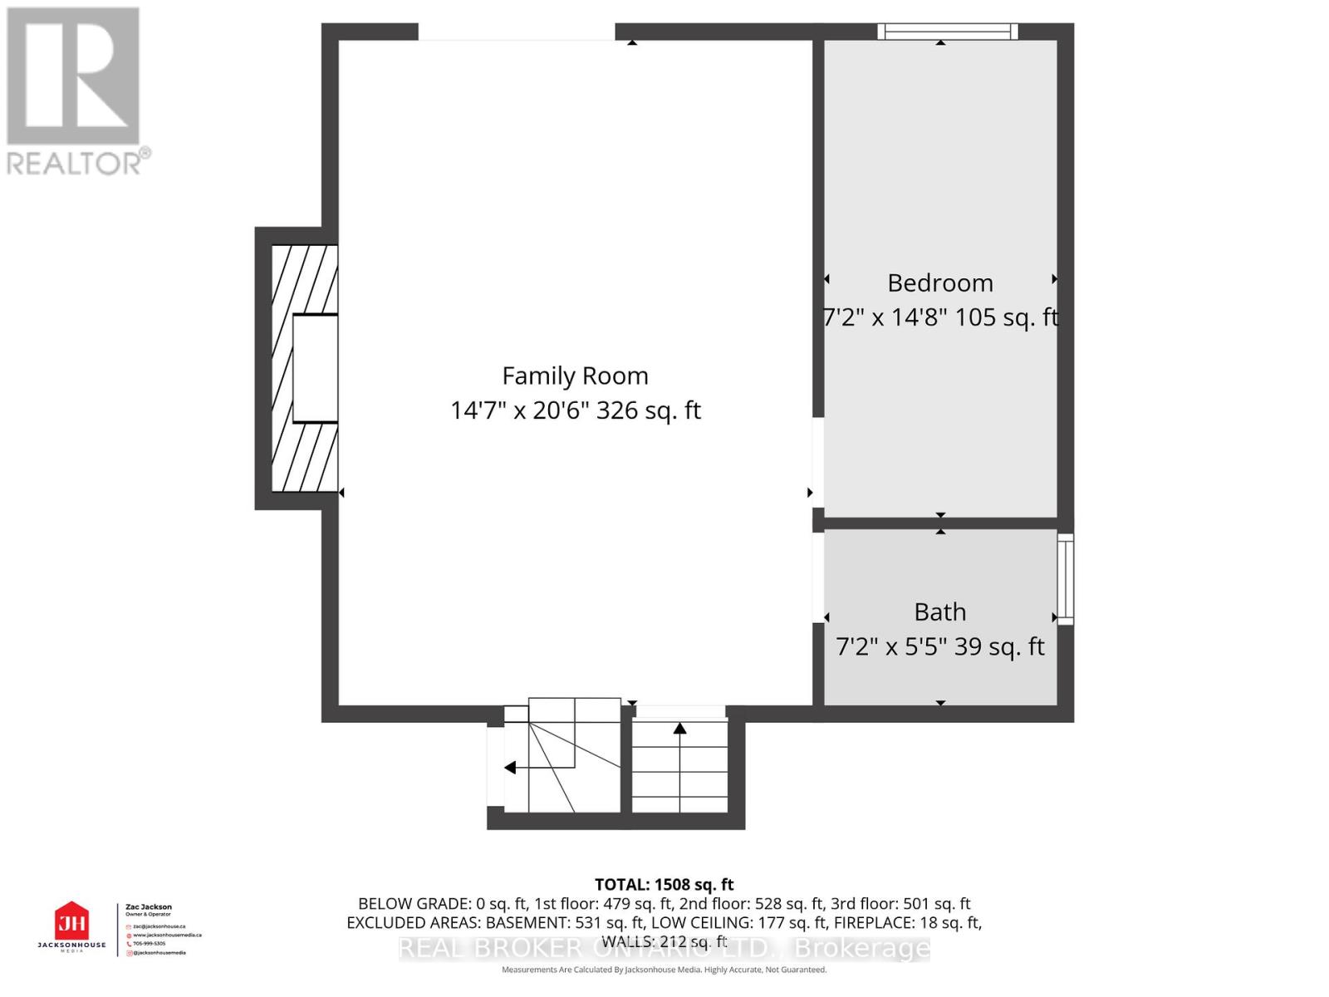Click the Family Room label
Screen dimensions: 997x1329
tap(575, 376)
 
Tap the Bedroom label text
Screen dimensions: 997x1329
tap(939, 283)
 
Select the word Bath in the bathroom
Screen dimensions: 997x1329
tap(939, 612)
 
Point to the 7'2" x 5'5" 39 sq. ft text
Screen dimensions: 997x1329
tap(939, 646)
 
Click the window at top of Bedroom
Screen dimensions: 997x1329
tap(948, 32)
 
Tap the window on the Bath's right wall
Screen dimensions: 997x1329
tap(1065, 578)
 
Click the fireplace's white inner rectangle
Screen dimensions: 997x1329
tap(316, 368)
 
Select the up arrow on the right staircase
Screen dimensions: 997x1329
tap(679, 729)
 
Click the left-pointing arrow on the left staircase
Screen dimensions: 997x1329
tap(510, 768)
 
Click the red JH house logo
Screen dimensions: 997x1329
tap(71, 921)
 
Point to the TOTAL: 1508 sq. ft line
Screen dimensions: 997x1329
tap(664, 885)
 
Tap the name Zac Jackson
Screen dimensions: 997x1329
tap(149, 907)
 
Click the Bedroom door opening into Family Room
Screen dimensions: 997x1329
tap(817, 462)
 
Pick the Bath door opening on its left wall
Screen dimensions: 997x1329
tap(817, 576)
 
